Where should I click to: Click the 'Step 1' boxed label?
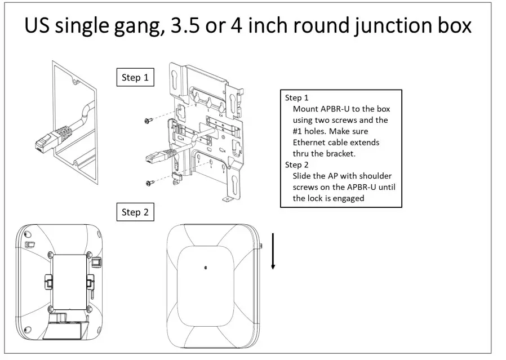[x=135, y=78]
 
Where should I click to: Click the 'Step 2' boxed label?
[x=135, y=212]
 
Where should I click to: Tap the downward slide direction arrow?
[x=273, y=251]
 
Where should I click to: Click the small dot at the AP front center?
[x=206, y=268]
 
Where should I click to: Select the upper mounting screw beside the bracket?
[x=149, y=120]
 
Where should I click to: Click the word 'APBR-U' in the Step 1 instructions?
[x=335, y=109]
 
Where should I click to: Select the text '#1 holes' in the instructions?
[x=309, y=131]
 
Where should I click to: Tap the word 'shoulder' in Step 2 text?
[x=373, y=176]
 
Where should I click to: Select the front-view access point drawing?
[x=214, y=286]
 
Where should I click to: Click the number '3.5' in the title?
[x=191, y=26]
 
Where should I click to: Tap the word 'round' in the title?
[x=299, y=26]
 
